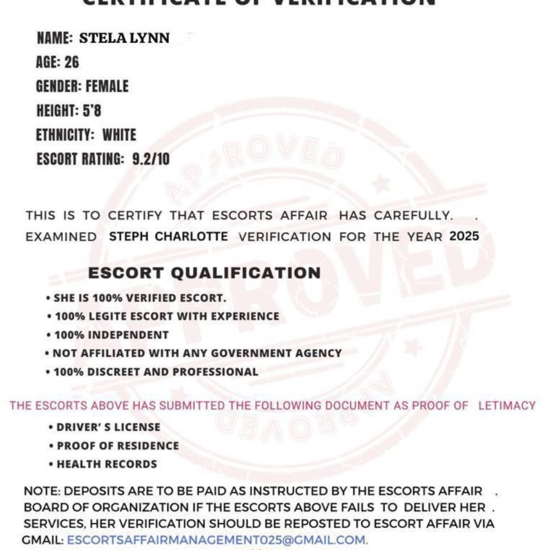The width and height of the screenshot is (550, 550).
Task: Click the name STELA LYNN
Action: (124, 38)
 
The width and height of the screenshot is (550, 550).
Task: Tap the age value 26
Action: (71, 62)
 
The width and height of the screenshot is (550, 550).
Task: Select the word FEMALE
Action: (107, 87)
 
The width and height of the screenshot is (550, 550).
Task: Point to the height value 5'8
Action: (92, 111)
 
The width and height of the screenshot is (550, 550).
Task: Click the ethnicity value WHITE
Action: (119, 135)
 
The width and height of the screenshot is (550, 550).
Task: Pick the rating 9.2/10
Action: (151, 159)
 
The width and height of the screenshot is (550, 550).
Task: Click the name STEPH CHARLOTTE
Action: (168, 237)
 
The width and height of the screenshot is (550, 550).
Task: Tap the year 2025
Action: (464, 237)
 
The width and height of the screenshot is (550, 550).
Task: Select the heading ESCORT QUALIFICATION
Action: (204, 273)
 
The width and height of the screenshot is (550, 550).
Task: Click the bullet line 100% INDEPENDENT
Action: (111, 335)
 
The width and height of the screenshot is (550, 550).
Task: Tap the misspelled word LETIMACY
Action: (507, 405)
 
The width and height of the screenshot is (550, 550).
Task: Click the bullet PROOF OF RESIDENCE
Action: (117, 446)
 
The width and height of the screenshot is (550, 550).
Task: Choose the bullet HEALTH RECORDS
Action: (107, 464)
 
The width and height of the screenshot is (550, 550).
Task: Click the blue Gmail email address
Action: (217, 540)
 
